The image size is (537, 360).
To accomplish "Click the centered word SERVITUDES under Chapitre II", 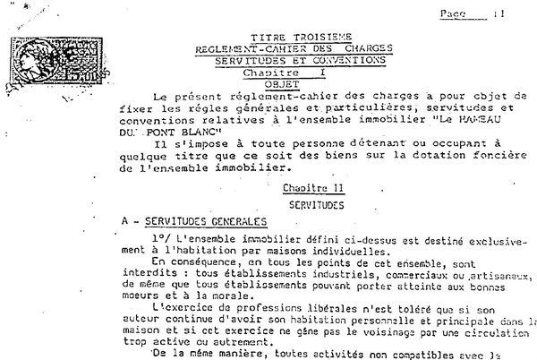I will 304,205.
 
